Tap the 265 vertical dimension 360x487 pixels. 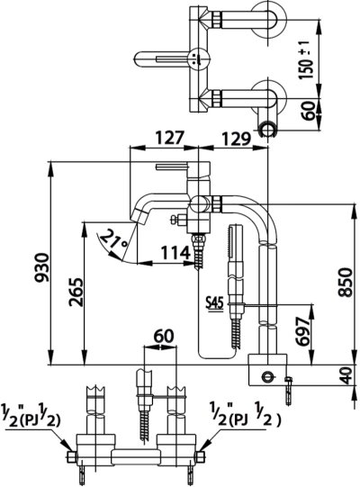75,293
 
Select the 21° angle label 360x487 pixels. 114,240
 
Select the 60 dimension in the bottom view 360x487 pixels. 162,336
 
